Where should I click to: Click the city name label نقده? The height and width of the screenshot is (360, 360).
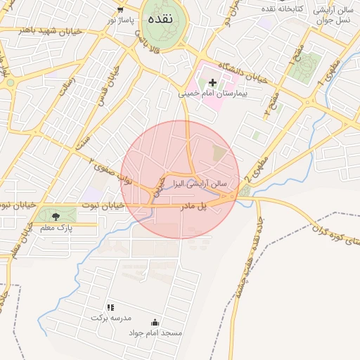160,19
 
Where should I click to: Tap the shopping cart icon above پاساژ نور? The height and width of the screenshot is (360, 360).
121,10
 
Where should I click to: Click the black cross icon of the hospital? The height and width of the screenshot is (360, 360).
212,83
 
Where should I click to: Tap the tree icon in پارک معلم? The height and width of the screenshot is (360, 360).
56,216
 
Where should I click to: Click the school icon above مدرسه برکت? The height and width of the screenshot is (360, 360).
110,307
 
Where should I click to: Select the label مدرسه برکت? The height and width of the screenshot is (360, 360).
110,318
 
